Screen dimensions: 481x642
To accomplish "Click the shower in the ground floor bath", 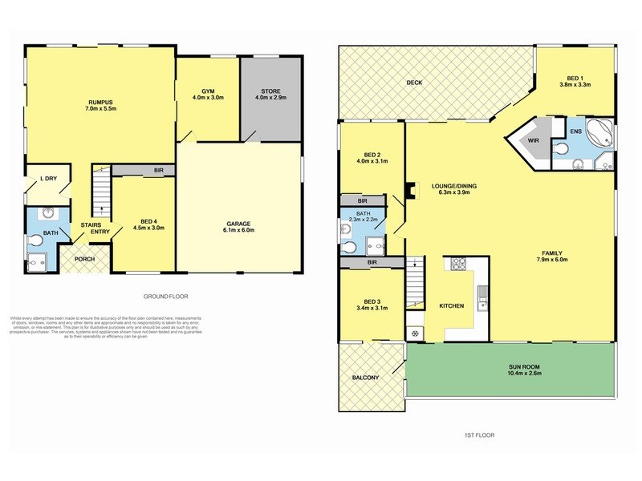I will coord(35,261).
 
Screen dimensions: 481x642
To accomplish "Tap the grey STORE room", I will coord(271,96).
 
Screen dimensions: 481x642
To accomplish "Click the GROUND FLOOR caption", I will coord(165,295).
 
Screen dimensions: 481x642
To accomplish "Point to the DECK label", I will coord(413,83).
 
